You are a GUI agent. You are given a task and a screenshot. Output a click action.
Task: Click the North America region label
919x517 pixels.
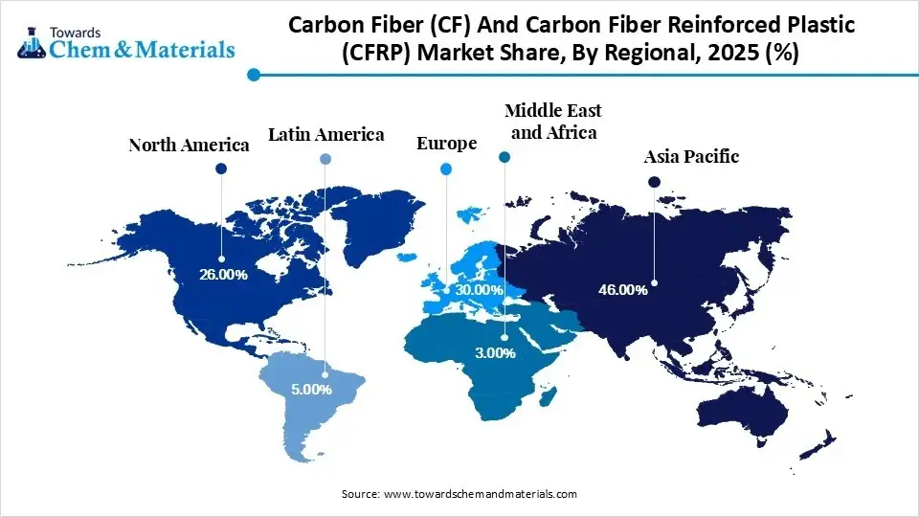(x=189, y=146)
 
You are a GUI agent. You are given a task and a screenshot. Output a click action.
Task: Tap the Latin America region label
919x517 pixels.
(x=325, y=135)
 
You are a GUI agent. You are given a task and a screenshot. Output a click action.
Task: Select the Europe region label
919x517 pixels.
(x=446, y=144)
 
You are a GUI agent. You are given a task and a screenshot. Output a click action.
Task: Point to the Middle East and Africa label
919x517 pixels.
(x=552, y=122)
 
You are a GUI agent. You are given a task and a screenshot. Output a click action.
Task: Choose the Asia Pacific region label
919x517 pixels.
(x=691, y=156)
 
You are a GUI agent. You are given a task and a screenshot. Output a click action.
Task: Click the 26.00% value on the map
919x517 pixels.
(x=223, y=275)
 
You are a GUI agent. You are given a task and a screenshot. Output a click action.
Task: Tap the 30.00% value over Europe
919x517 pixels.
(x=479, y=289)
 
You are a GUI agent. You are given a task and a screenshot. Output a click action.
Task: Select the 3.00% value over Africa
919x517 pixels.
(x=494, y=353)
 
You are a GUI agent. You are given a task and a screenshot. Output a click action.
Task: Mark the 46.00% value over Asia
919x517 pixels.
(x=623, y=288)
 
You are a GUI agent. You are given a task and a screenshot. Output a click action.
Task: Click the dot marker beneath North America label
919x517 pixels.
(x=221, y=169)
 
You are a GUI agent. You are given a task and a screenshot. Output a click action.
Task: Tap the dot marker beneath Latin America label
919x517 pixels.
(x=325, y=159)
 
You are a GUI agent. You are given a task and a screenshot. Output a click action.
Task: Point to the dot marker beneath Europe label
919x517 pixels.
(x=445, y=169)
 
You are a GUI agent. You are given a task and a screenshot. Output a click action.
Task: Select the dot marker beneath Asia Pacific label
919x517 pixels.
(x=654, y=181)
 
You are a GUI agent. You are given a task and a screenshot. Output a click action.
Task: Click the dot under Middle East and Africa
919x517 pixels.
(x=505, y=156)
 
